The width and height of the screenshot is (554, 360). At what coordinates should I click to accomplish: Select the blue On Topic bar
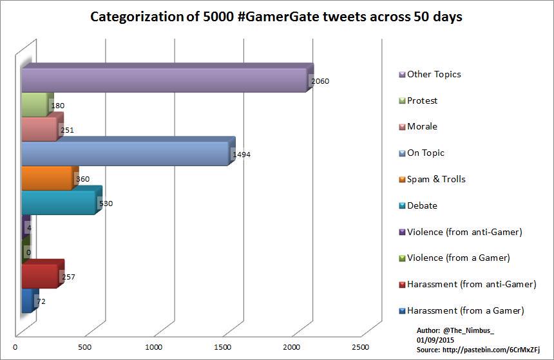(125, 154)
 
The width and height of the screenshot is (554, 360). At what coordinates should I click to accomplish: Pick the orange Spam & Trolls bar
(47, 178)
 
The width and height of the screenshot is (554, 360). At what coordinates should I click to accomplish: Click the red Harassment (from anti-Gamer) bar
(40, 276)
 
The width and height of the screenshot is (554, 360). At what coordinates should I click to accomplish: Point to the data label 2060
(320, 81)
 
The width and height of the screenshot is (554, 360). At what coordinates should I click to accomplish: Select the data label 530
(105, 204)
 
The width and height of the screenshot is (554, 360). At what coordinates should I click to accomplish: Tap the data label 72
(40, 301)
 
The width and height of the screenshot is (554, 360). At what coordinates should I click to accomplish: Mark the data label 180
(57, 106)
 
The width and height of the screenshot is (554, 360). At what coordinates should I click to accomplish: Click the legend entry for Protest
(422, 100)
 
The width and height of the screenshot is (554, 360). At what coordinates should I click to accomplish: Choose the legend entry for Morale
(422, 127)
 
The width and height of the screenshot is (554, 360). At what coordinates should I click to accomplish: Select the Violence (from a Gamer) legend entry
(458, 258)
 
